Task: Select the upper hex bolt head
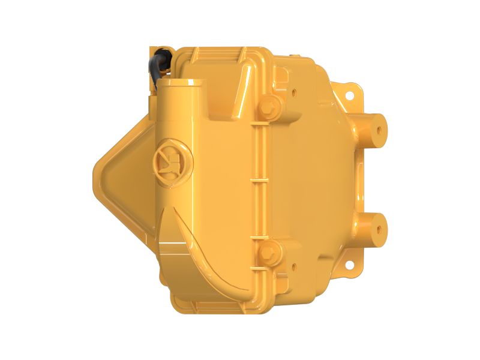(270, 107)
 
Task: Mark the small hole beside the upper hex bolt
(293, 93)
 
